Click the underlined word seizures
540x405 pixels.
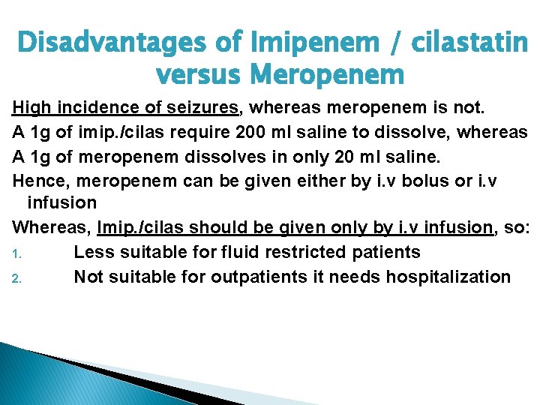pos(197,109)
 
